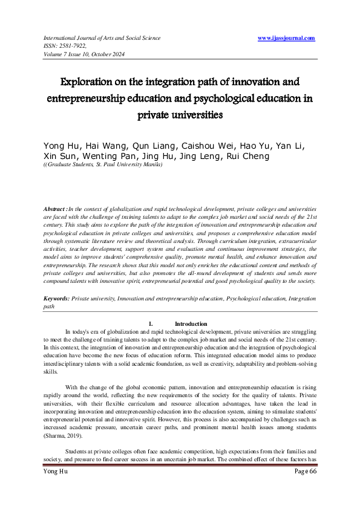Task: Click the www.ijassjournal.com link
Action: (286, 38)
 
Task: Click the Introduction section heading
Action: (191, 324)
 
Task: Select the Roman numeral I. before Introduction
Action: (151, 324)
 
